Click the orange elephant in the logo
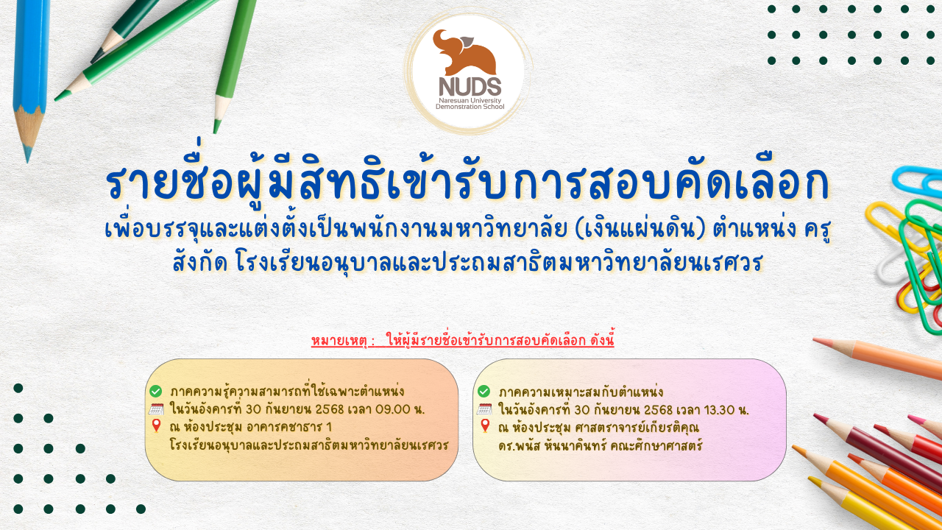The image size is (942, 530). tap(464, 52)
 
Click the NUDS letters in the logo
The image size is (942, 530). tap(470, 87)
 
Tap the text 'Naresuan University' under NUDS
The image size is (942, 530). tap(470, 101)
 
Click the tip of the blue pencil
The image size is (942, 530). tap(28, 159)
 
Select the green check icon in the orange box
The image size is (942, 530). tap(155, 391)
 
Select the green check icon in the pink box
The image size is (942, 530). tap(484, 391)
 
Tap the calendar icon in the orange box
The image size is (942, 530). tap(156, 409)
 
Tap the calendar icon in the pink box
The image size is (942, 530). tap(484, 409)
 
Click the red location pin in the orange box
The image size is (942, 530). tap(156, 425)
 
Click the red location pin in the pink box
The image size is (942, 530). tap(485, 425)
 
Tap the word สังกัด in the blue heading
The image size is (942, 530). tap(200, 263)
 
